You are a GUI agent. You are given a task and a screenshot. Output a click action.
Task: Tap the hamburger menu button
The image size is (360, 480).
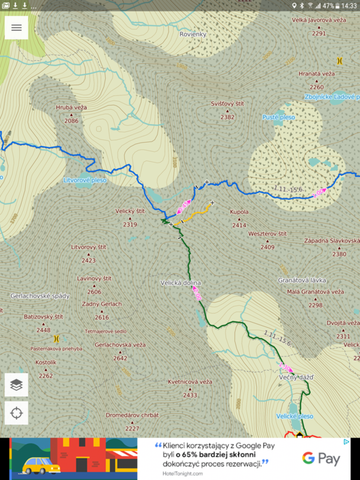coord(16,28)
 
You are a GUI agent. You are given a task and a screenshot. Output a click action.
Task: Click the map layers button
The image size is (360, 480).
coord(16,385)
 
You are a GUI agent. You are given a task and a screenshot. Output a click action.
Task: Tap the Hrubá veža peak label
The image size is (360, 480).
coord(71,108)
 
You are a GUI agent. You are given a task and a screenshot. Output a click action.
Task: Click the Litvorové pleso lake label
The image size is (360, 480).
coord(85,180)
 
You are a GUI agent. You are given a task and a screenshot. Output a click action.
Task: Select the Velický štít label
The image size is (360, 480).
coord(131,211)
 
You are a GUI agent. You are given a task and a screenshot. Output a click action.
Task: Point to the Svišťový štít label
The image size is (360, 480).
coord(227,104)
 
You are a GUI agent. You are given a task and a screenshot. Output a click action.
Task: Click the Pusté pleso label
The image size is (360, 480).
coord(279,117)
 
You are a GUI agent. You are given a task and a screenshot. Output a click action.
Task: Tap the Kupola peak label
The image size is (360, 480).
coord(239,211)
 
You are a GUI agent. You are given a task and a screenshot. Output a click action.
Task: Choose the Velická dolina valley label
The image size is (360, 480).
coord(181,282)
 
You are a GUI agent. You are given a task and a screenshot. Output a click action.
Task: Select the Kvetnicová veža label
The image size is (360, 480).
coord(190,381)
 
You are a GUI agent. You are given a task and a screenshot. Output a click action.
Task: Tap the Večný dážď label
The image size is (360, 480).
coord(295,378)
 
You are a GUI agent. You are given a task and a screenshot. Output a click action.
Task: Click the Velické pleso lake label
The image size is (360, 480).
coord(295,415)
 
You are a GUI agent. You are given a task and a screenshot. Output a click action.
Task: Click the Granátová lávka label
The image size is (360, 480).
coord(302,280)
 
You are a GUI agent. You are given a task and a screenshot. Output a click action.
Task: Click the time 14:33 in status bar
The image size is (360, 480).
coord(348,5)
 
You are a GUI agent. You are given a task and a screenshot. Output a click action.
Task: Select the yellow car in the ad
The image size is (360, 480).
coord(41,464)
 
